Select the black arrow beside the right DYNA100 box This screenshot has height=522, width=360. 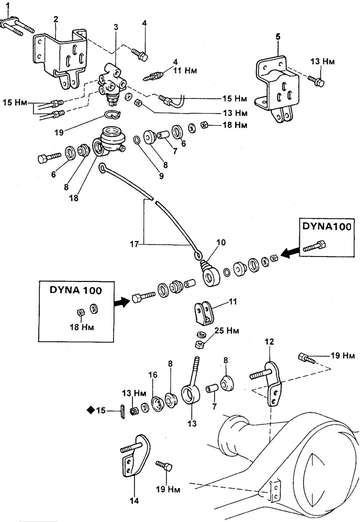[x=288, y=253]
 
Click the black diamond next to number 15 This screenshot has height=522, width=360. [x=91, y=410]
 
